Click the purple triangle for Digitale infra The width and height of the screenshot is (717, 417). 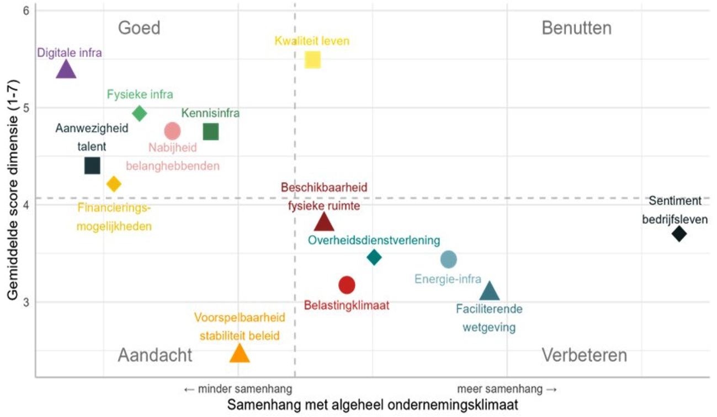point(66,70)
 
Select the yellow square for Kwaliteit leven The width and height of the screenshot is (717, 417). point(313,60)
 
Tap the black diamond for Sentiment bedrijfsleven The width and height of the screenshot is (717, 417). point(679,234)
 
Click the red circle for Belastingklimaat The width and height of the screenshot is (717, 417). point(347,285)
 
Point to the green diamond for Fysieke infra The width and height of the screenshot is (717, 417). point(140,113)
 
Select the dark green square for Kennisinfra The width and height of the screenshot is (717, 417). point(211,132)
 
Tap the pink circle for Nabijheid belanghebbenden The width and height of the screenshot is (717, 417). point(173,131)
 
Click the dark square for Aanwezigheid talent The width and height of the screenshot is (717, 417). point(92,165)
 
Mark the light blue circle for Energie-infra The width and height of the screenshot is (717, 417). point(449,259)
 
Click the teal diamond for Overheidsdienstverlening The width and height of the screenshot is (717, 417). point(374,257)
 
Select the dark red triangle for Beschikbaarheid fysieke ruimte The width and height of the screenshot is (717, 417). point(324,222)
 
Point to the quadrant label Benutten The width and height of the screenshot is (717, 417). point(576,28)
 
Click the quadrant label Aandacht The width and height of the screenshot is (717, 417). point(155,355)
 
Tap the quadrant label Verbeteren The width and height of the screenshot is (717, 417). point(584,355)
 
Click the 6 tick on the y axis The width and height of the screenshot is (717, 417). point(26,11)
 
